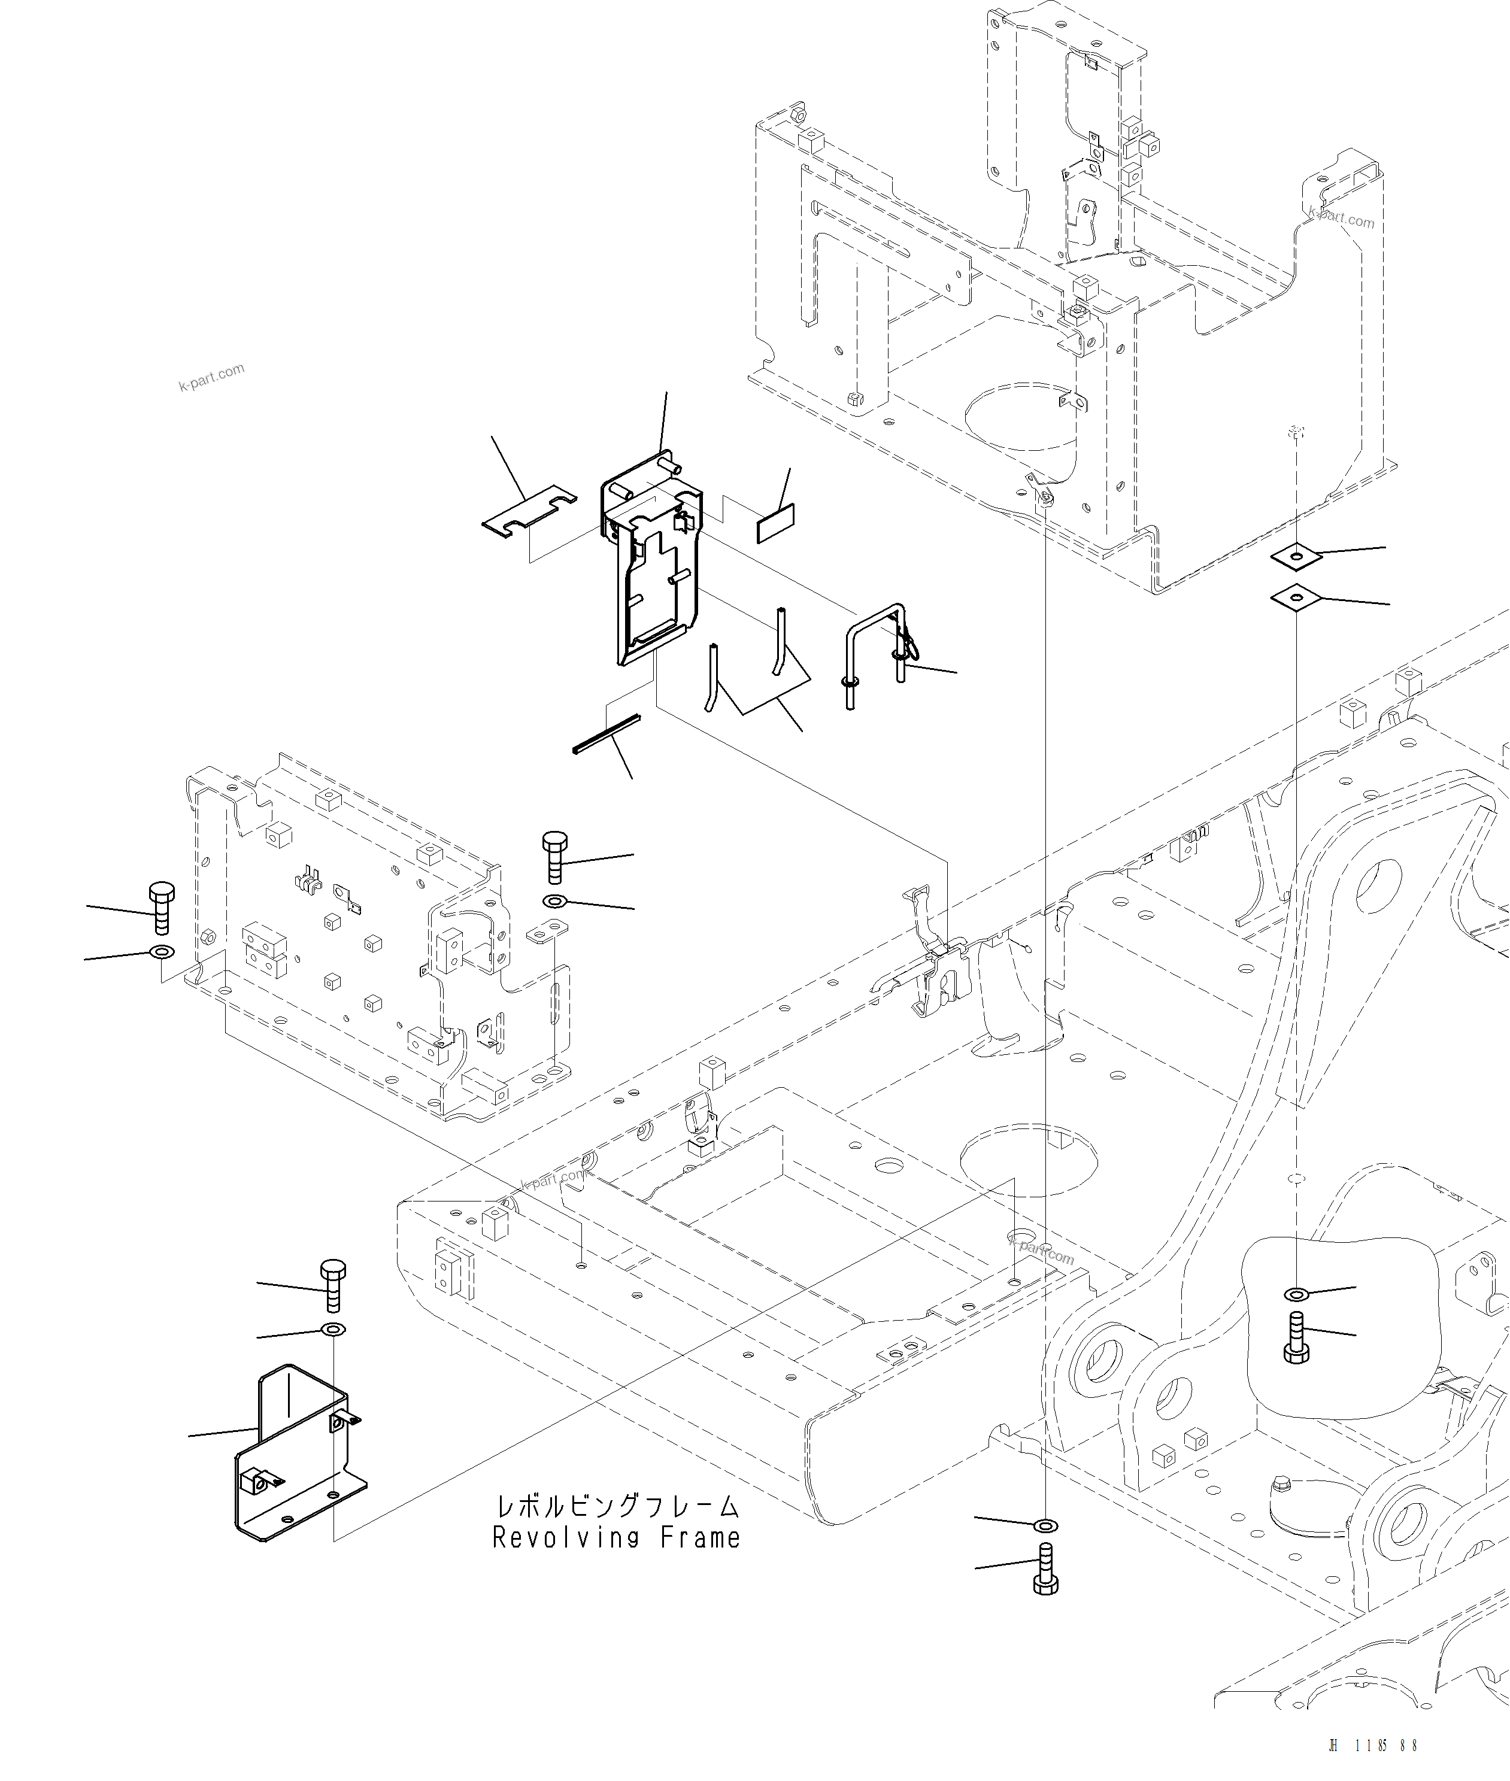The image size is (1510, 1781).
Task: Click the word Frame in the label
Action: coord(700,1539)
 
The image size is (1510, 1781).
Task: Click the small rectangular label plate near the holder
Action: coord(775,523)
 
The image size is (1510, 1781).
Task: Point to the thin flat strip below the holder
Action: coord(606,735)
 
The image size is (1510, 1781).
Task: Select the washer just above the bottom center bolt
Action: coord(1045,1525)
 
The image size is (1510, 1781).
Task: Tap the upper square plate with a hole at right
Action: coord(1296,557)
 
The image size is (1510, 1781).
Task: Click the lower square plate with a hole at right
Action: coord(1296,598)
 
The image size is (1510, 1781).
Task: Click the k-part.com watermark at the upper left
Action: coord(211,377)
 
